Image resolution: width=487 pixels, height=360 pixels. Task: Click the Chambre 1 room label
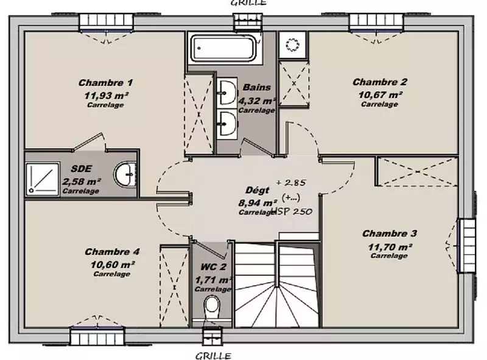[105, 83]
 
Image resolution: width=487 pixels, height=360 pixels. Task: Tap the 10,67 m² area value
[380, 94]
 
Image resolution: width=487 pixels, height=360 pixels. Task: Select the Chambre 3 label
[390, 233]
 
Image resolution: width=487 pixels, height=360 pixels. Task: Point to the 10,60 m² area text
[113, 264]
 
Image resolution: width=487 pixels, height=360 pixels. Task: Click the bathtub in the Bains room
[223, 48]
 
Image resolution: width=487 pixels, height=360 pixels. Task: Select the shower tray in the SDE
[43, 179]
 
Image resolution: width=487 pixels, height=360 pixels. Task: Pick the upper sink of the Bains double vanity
[227, 93]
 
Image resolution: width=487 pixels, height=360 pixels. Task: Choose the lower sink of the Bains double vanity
[227, 124]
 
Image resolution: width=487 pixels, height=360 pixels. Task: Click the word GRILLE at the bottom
[213, 356]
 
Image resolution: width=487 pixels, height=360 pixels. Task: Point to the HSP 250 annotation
[292, 212]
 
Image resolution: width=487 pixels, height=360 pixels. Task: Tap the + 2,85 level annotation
[291, 183]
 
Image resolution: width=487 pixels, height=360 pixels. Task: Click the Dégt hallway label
[257, 190]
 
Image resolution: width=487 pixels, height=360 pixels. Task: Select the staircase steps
[277, 284]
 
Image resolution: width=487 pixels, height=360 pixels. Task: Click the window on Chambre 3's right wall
[466, 245]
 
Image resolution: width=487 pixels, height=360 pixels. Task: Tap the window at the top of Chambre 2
[376, 23]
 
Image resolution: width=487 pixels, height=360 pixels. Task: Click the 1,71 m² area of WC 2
[213, 280]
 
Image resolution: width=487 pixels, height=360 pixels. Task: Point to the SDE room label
[82, 169]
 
